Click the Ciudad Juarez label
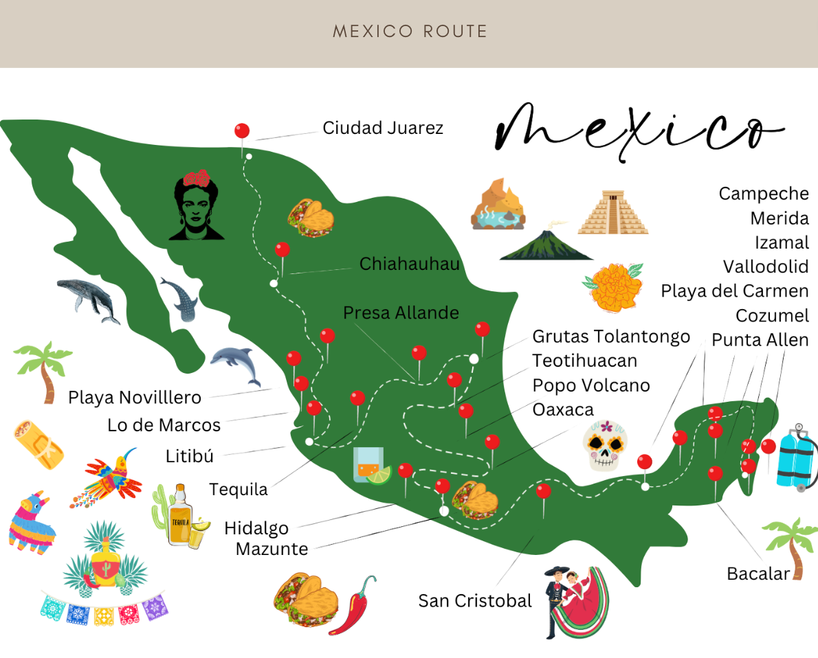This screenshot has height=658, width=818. click(383, 128)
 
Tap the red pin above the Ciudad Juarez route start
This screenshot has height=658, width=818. click(242, 131)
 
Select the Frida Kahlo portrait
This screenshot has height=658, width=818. click(197, 205)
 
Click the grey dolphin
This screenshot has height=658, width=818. click(236, 365)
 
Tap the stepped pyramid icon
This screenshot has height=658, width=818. click(613, 213)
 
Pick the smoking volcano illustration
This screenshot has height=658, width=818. click(546, 245)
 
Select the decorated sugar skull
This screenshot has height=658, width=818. click(606, 446)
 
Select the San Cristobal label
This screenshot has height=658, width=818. click(475, 601)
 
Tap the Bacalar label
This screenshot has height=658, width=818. click(758, 574)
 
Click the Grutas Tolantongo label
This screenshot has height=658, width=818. click(611, 337)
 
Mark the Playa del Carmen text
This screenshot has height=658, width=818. click(734, 291)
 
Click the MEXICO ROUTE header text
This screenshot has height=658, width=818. click(410, 32)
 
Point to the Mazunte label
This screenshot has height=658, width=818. click(272, 549)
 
